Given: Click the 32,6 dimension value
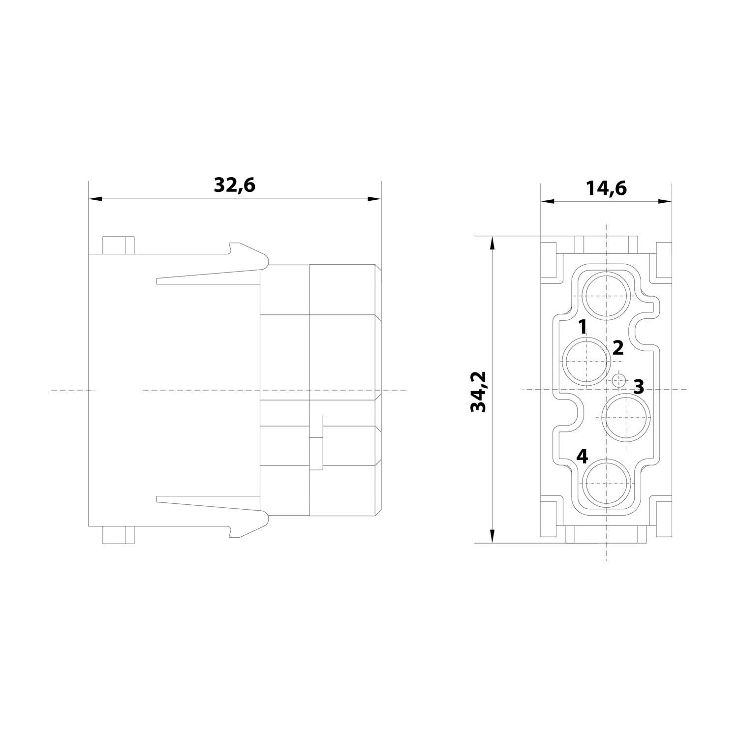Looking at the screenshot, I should click(x=234, y=185).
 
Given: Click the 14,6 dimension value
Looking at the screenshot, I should click(x=606, y=188).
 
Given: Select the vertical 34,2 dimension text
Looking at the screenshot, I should click(x=478, y=391).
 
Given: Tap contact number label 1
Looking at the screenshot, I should click(x=582, y=326).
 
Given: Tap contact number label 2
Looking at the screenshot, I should click(x=618, y=348).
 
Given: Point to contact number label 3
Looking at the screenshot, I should click(x=638, y=386).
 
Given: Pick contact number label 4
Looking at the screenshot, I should click(x=582, y=457).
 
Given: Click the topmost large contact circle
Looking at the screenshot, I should click(x=607, y=296).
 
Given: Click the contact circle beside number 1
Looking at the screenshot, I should click(x=586, y=361).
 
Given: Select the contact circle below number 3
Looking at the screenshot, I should click(x=626, y=417).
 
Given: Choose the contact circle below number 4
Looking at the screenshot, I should click(x=607, y=483).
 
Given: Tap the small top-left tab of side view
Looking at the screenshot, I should click(x=118, y=245).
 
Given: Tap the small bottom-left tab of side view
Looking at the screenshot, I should click(x=118, y=535).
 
